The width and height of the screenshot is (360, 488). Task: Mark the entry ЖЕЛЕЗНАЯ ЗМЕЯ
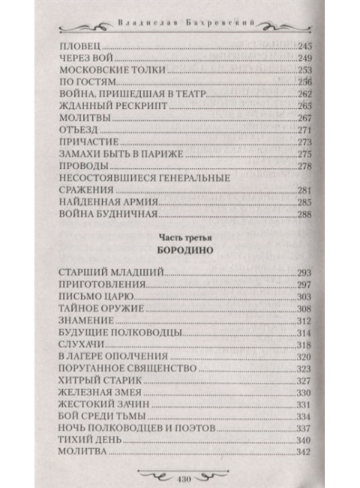click(94, 393)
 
